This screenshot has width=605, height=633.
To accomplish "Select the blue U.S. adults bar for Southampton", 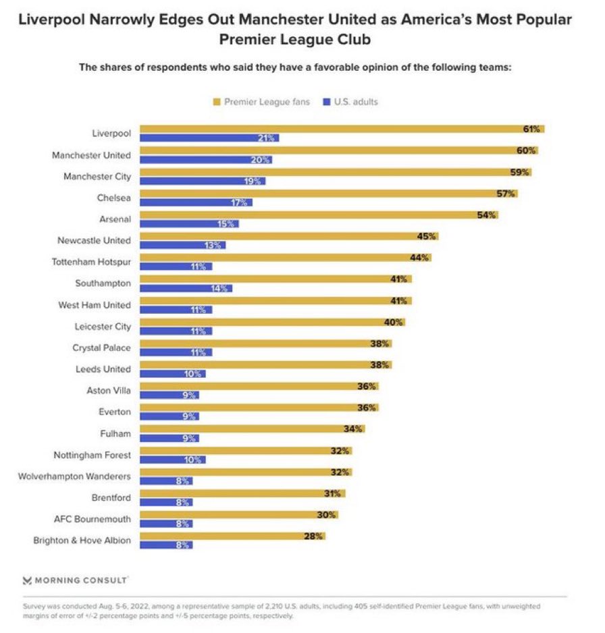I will click(186, 288).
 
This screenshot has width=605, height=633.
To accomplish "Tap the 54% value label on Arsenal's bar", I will click(487, 215).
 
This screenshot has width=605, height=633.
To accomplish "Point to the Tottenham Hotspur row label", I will click(92, 262).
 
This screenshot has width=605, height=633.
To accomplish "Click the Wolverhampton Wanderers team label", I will click(76, 476).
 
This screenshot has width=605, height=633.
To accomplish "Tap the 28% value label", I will click(314, 536).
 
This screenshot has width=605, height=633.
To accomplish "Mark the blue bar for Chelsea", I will click(196, 202).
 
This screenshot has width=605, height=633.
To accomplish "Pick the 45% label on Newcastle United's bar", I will click(427, 236).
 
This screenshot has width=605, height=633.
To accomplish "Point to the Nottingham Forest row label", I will click(92, 455).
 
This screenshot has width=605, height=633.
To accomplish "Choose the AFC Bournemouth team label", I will click(93, 519).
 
